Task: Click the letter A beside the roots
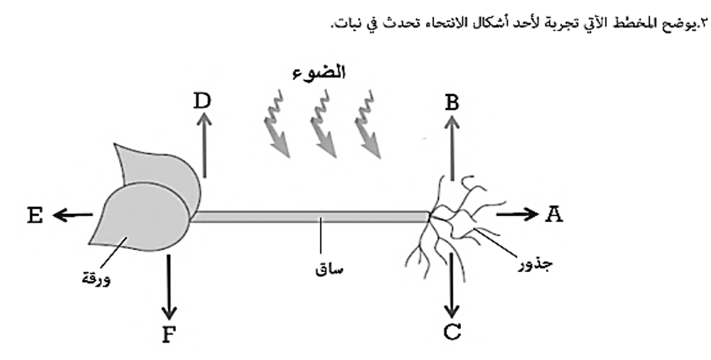tap(553, 214)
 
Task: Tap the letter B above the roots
tap(451, 103)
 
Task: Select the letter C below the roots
tap(452, 332)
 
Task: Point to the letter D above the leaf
tap(202, 101)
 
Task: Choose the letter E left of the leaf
tap(35, 215)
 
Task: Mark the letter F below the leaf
tap(168, 335)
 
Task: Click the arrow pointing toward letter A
tap(518, 214)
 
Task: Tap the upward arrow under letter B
tap(451, 148)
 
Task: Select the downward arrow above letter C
tap(451, 285)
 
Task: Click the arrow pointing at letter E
tap(73, 215)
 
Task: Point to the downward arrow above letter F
tap(169, 287)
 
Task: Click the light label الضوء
tap(318, 73)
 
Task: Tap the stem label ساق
tap(329, 270)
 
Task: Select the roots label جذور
tap(536, 264)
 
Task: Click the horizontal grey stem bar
tap(310, 217)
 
